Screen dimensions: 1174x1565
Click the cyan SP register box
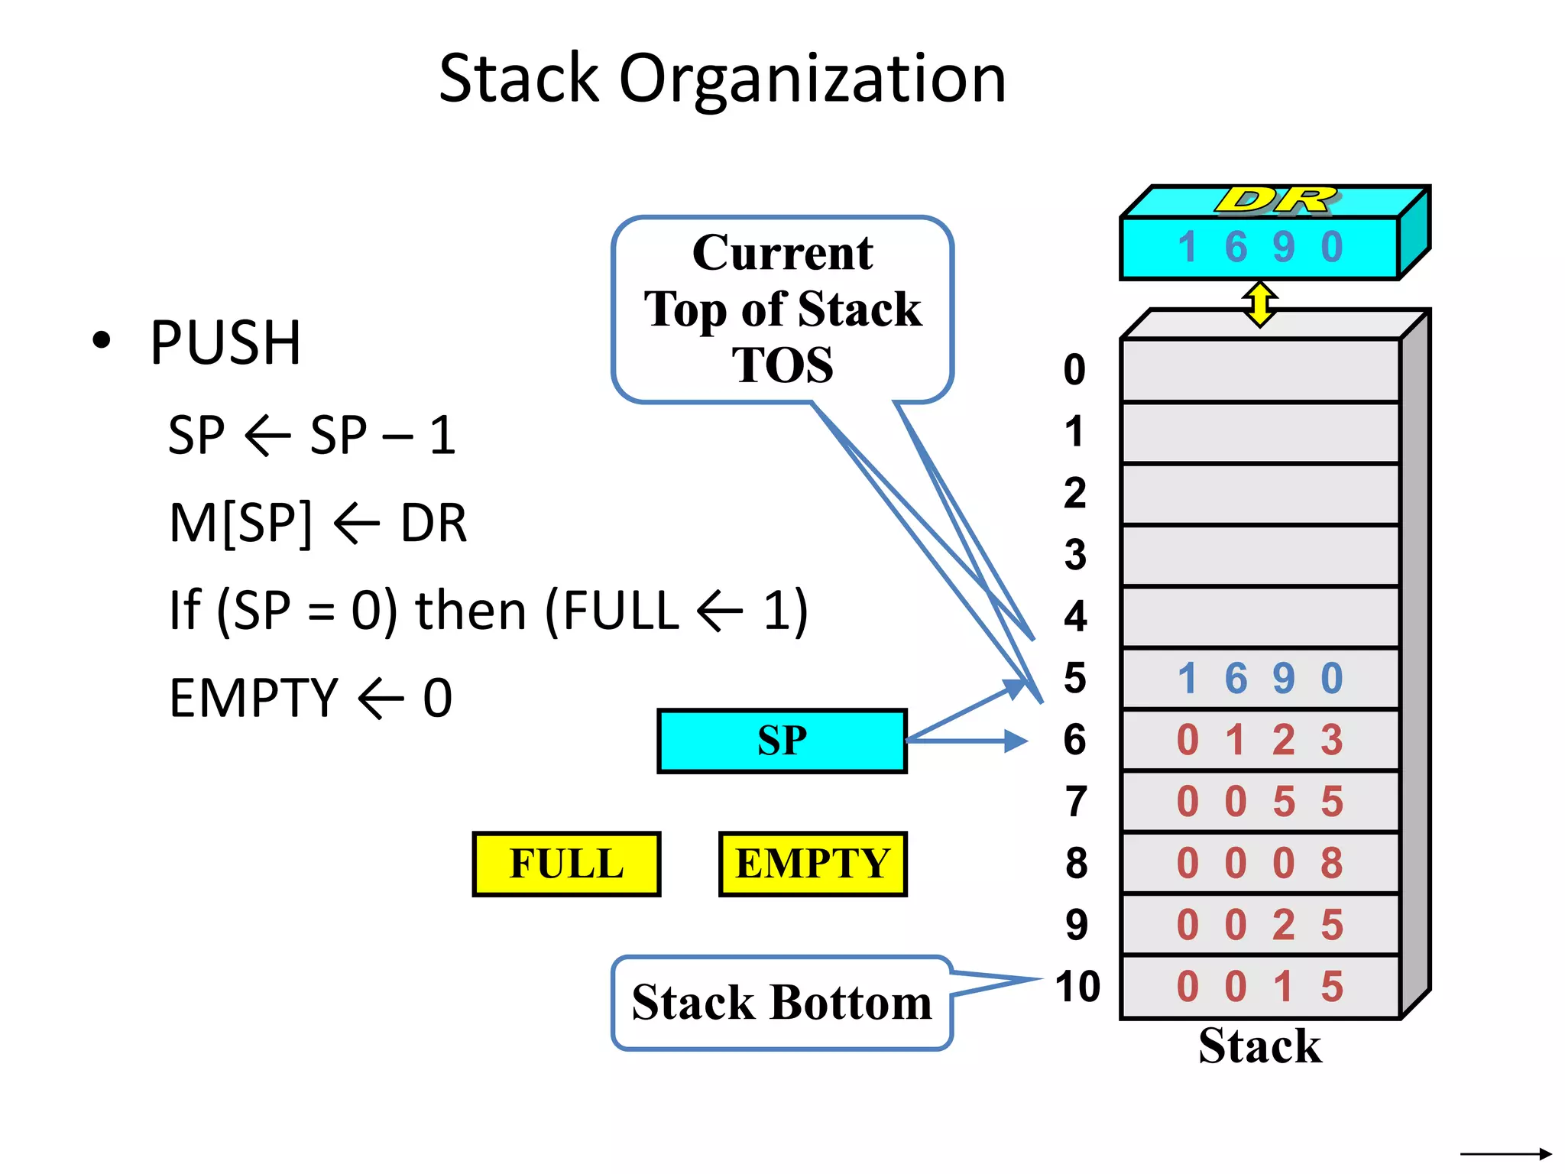point(781,741)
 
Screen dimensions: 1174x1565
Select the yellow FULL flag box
point(566,864)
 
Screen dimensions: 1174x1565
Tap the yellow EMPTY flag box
point(812,864)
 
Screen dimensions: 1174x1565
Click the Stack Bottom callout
point(781,1002)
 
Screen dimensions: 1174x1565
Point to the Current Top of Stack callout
point(782,309)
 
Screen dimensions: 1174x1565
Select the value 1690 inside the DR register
point(1259,248)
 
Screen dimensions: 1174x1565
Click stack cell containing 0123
point(1259,740)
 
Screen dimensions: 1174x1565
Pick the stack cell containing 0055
point(1259,802)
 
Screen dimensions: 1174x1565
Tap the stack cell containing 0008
point(1259,863)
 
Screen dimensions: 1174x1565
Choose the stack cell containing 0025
point(1259,925)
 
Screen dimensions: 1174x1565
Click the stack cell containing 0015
point(1259,987)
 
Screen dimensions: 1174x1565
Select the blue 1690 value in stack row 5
point(1259,678)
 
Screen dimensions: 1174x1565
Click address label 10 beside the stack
point(1077,987)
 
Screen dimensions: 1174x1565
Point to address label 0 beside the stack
point(1074,370)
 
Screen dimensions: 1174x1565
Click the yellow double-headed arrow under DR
point(1259,303)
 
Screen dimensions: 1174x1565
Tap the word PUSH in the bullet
point(225,342)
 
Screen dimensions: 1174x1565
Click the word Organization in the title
point(812,79)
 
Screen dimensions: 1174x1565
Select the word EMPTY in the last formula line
point(253,698)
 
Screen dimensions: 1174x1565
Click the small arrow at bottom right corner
point(1505,1153)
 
